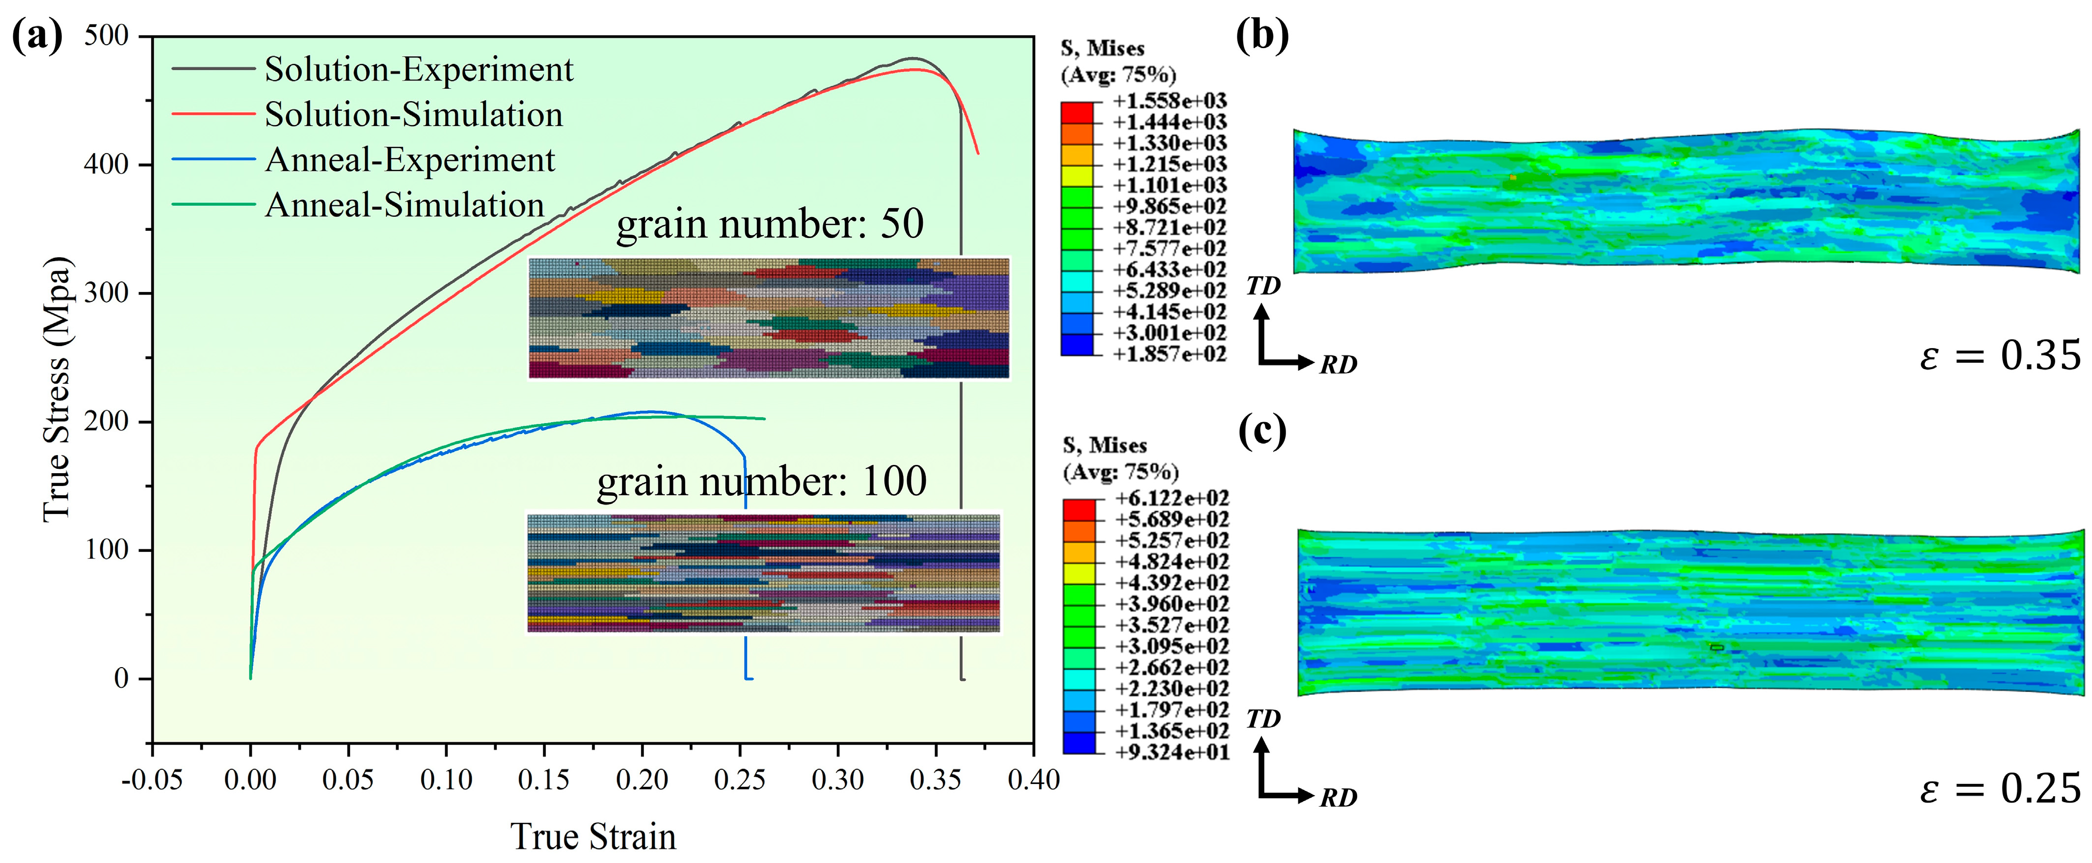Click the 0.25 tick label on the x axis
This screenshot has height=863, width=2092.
739,780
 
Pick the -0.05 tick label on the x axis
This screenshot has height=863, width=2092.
152,780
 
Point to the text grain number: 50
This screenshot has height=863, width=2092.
770,224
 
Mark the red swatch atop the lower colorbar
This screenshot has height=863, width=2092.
1079,509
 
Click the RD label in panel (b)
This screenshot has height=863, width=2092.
1338,365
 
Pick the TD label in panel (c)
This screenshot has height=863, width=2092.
1263,719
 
